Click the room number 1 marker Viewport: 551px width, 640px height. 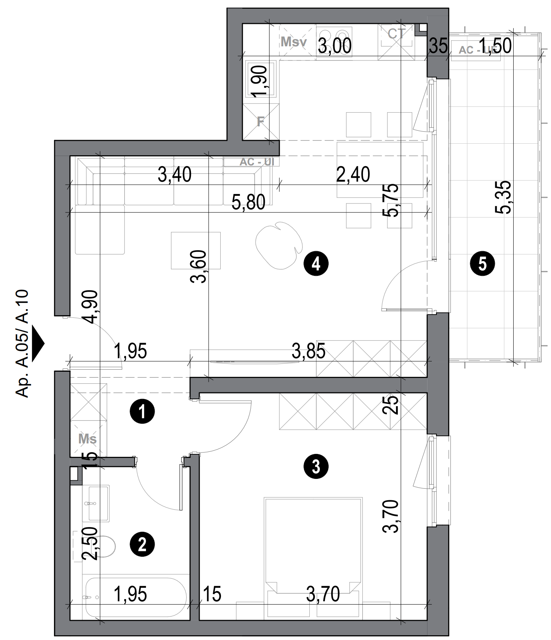(x=142, y=411)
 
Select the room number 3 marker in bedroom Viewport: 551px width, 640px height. (x=316, y=467)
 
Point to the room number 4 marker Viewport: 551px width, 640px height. (x=316, y=264)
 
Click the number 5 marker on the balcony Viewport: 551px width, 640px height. (x=482, y=264)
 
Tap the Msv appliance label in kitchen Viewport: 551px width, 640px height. (x=293, y=42)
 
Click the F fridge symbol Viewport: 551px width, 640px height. (x=260, y=122)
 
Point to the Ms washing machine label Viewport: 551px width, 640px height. (x=88, y=439)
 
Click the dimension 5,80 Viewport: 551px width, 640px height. (x=249, y=203)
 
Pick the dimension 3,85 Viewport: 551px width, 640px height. (x=308, y=351)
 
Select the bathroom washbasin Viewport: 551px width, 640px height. (x=98, y=504)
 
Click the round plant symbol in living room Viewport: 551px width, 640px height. (x=279, y=245)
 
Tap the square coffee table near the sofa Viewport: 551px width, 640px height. (x=196, y=250)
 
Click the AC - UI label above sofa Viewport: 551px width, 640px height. (x=256, y=162)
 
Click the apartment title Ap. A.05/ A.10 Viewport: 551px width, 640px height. (x=23, y=343)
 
